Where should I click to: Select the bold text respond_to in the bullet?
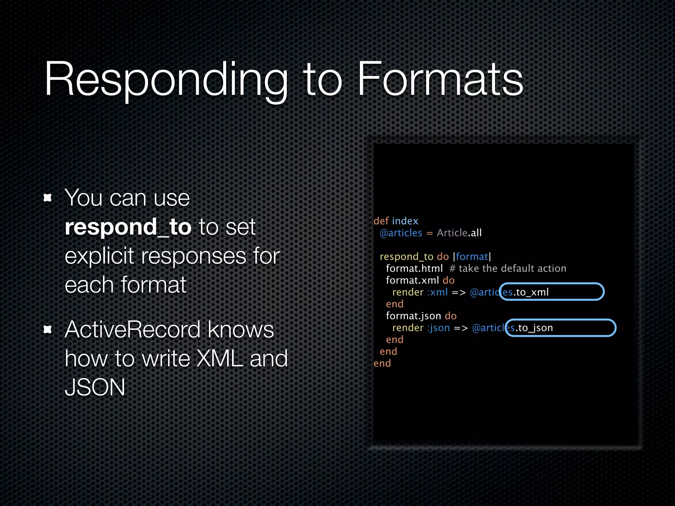(128, 227)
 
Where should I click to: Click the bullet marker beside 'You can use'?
(48, 198)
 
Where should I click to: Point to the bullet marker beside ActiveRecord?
(48, 329)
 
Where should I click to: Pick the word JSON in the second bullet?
(95, 387)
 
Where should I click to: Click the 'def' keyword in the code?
(381, 221)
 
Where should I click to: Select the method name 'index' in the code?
(405, 221)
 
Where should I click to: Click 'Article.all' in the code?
(459, 233)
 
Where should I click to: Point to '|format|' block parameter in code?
(472, 257)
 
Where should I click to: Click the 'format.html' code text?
(414, 268)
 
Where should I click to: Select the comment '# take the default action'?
(508, 268)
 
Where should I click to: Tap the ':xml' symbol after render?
(438, 292)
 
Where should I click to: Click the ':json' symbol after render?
(439, 328)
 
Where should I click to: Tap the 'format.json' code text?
(413, 316)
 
